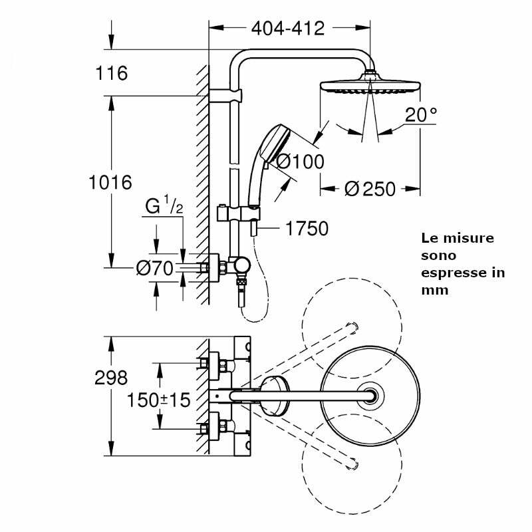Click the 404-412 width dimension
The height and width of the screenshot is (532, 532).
[287, 29]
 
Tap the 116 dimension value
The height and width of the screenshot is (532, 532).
[111, 73]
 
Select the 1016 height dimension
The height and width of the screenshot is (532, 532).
[111, 182]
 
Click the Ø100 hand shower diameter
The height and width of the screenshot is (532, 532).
[300, 162]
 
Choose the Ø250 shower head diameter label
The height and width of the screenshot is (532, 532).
[370, 189]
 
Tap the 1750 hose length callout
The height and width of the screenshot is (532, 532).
[307, 229]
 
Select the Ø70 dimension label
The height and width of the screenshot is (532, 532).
[154, 269]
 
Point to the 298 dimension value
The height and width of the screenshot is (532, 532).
[111, 378]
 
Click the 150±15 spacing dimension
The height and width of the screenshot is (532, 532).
[159, 400]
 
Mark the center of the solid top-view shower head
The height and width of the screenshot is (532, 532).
[370, 396]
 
